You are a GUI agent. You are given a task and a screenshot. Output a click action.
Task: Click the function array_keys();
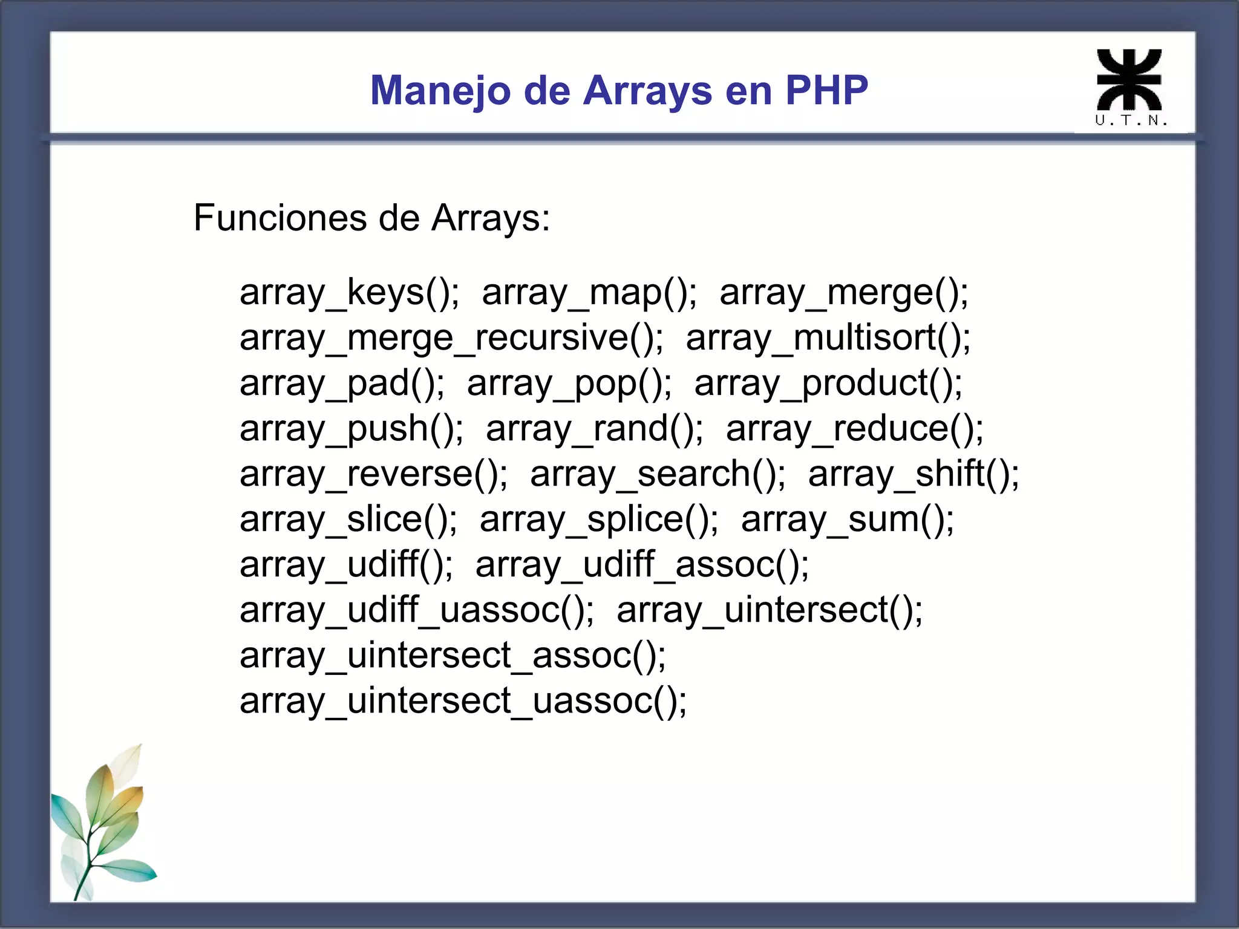click(349, 293)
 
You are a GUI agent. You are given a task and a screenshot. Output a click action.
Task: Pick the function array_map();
click(589, 293)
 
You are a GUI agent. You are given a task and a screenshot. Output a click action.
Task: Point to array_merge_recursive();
click(451, 338)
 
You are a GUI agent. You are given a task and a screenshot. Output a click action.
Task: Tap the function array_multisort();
click(828, 338)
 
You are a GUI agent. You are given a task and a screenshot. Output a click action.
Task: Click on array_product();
click(828, 383)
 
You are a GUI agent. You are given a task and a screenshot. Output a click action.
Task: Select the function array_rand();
click(595, 429)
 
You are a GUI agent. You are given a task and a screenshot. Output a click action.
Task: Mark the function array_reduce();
click(854, 429)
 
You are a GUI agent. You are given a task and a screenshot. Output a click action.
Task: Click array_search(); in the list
click(658, 474)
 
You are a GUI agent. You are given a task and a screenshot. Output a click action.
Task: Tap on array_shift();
click(914, 474)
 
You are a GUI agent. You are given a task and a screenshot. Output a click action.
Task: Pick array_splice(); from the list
click(599, 520)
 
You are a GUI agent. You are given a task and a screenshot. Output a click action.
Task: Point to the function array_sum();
click(847, 520)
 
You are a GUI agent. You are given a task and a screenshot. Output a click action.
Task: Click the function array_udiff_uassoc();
click(417, 610)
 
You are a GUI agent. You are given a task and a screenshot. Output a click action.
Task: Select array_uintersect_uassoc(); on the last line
click(463, 701)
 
